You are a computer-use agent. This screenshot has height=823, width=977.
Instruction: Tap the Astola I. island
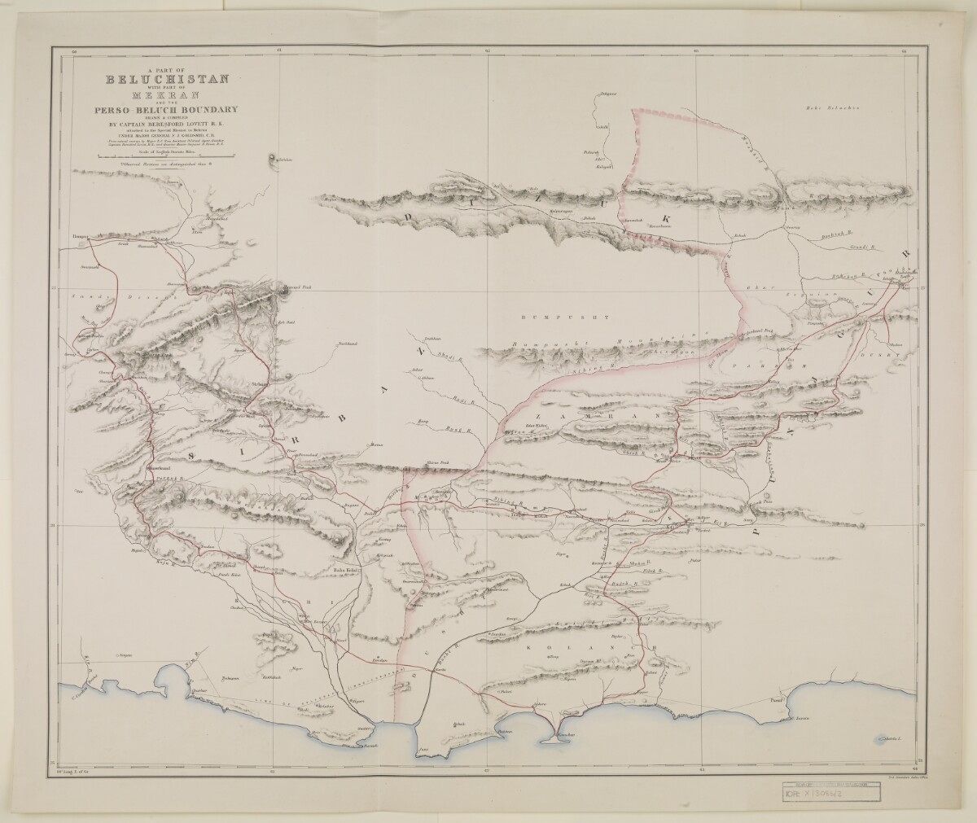click(x=893, y=738)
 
